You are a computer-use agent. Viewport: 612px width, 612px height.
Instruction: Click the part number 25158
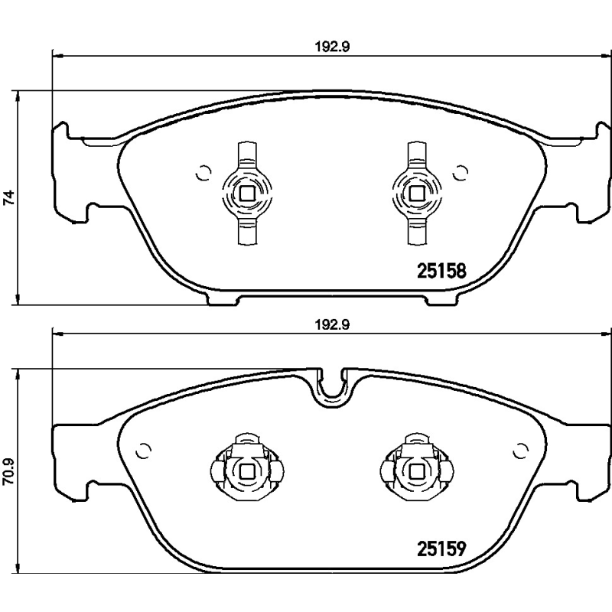441,270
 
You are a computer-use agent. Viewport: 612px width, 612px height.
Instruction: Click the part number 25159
441,549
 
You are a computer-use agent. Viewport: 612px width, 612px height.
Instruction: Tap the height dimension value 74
8,197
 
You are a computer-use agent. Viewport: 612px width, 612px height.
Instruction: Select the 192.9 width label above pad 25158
327,46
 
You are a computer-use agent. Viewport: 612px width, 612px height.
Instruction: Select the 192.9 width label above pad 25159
327,324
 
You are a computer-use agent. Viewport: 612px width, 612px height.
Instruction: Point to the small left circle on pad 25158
203,172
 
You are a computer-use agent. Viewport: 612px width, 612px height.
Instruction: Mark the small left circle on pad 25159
141,450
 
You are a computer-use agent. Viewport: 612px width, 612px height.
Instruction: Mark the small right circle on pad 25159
522,450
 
